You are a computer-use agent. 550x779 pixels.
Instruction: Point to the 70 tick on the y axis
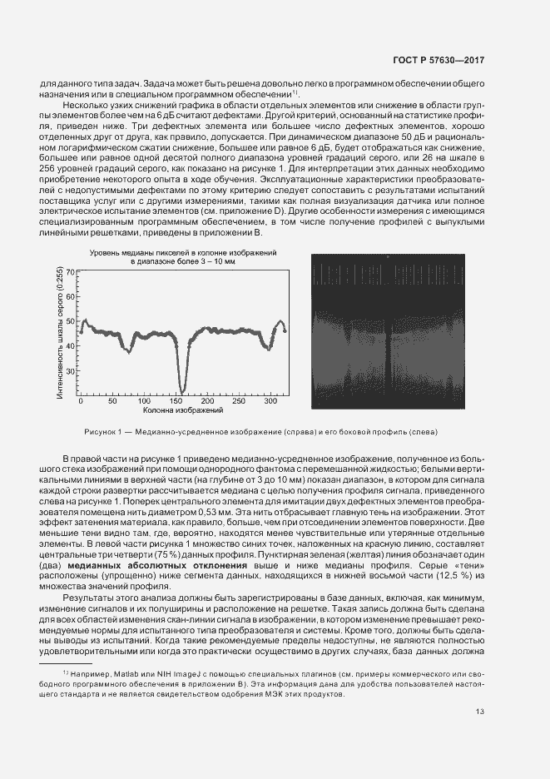click(71, 272)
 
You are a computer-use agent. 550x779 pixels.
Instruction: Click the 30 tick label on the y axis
click(71, 371)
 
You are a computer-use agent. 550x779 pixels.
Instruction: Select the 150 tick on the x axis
click(176, 401)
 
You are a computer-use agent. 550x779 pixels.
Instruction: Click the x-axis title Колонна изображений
click(183, 410)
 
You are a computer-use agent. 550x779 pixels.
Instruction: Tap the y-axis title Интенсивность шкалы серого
click(60, 333)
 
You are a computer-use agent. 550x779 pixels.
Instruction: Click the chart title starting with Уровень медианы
click(183, 251)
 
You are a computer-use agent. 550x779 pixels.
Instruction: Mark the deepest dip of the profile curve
click(181, 391)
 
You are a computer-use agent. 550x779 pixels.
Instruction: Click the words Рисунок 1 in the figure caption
click(102, 431)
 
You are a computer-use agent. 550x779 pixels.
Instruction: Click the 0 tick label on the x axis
click(81, 401)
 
